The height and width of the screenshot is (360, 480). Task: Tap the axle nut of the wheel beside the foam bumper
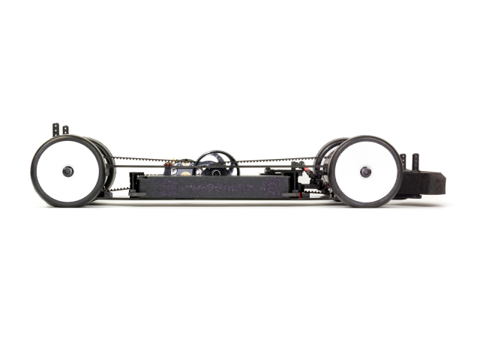point(365,172)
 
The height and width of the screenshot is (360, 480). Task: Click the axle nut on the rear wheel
point(68,171)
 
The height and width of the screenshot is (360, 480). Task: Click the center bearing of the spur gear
point(216,170)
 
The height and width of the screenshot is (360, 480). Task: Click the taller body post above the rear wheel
point(55,130)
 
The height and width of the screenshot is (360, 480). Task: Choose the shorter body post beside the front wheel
point(403,161)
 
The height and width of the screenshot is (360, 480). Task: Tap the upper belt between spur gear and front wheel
point(277,160)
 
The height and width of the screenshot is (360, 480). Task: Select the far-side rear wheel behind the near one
point(106,161)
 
